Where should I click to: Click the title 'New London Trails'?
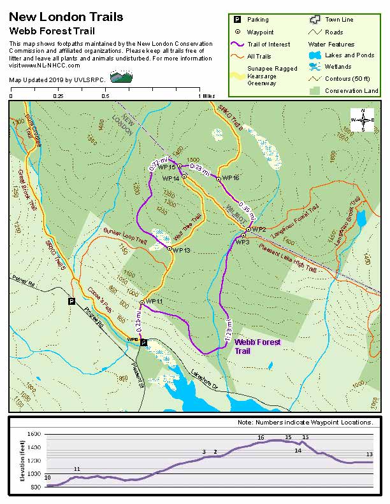tap(66, 17)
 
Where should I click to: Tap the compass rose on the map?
tap(363, 120)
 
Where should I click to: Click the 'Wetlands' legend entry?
tap(338, 67)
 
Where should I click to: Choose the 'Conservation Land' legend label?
tap(351, 91)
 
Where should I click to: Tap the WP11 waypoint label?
tap(155, 301)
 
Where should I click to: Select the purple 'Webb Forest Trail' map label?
tap(257, 346)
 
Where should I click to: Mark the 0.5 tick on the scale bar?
tap(106, 96)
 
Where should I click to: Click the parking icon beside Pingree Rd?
tap(71, 301)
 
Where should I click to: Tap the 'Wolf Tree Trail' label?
tap(187, 227)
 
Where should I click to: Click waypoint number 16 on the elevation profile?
tap(261, 438)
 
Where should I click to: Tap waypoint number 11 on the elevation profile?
tap(77, 469)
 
